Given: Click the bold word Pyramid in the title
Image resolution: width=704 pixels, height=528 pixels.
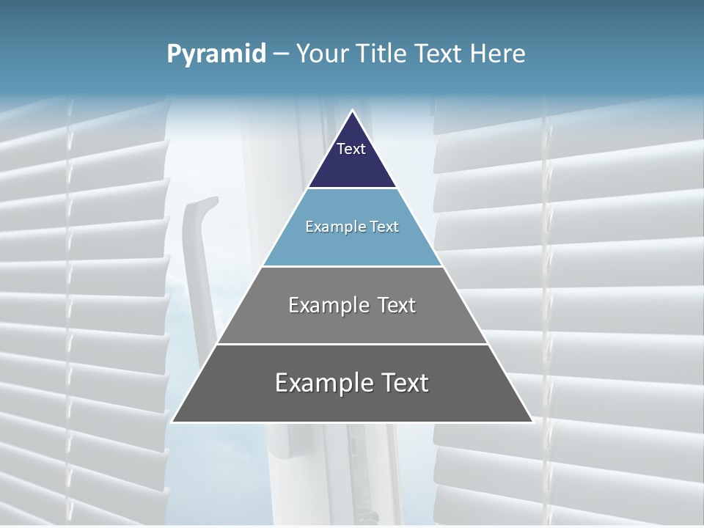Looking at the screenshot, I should [216, 54].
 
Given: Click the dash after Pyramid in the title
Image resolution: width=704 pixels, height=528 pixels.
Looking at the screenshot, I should [281, 54].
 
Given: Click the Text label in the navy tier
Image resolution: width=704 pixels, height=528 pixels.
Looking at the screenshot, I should [351, 149].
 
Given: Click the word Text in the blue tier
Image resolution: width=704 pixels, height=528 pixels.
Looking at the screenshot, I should [385, 227].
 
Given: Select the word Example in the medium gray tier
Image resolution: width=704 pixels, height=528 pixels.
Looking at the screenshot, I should [327, 305].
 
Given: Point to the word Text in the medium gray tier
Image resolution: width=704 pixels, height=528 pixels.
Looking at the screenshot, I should [397, 305].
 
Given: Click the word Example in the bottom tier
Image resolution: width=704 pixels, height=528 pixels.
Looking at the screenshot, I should [322, 383].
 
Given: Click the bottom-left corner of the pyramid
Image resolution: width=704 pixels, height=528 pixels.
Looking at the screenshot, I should [173, 422].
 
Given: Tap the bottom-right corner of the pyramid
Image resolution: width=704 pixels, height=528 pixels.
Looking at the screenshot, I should [532, 422].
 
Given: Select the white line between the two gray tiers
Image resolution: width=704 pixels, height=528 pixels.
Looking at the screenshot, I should [352, 344].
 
